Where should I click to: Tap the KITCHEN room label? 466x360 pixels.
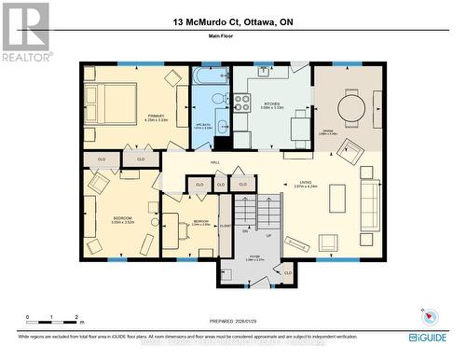[x=271, y=104]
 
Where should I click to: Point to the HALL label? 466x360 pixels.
[x=214, y=162]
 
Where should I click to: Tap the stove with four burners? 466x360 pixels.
[x=241, y=102]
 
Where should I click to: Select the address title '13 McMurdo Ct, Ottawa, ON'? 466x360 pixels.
[x=232, y=21]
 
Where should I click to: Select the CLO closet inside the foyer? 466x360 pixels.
[x=286, y=272]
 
